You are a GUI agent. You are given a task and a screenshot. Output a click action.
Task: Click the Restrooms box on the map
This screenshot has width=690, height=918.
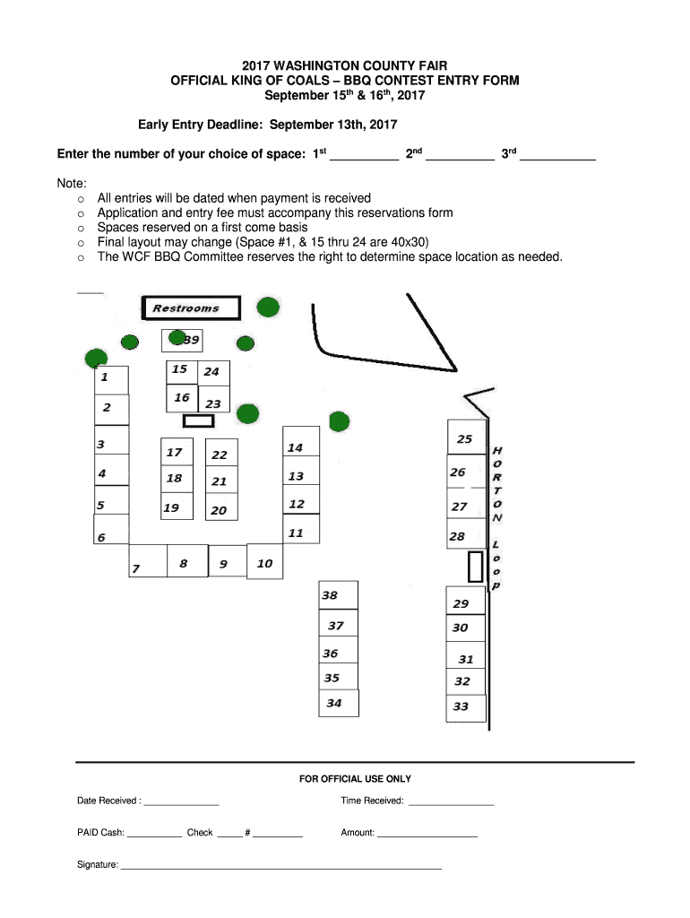pyautogui.click(x=191, y=308)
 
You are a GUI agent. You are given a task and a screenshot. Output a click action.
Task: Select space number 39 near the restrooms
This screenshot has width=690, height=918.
pyautogui.click(x=182, y=340)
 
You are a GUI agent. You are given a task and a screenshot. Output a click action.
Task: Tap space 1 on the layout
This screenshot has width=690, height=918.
pyautogui.click(x=111, y=380)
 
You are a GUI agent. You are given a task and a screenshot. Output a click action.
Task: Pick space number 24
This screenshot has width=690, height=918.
pyautogui.click(x=213, y=372)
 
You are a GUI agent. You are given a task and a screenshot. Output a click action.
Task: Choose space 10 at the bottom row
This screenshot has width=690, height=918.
pyautogui.click(x=264, y=561)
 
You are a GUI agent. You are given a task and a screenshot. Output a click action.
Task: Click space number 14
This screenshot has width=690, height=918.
pyautogui.click(x=301, y=441)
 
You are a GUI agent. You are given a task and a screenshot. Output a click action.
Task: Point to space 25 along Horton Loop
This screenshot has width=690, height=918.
pyautogui.click(x=467, y=437)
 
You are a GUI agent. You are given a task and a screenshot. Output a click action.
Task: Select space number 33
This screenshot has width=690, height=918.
pyautogui.click(x=466, y=708)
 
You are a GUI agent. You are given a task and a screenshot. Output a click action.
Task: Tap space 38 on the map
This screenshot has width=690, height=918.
pyautogui.click(x=338, y=595)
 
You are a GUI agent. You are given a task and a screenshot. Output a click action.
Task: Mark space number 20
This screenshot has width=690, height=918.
pyautogui.click(x=221, y=507)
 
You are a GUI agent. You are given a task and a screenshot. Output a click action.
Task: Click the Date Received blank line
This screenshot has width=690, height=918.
pyautogui.click(x=181, y=805)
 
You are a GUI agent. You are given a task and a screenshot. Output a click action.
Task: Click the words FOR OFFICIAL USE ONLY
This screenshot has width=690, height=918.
pyautogui.click(x=355, y=779)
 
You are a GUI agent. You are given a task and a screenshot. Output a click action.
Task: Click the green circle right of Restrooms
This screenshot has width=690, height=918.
pyautogui.click(x=268, y=307)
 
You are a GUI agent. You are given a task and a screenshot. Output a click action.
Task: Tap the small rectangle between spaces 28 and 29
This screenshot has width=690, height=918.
pyautogui.click(x=475, y=567)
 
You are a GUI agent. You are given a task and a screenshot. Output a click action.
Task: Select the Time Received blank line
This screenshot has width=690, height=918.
pyautogui.click(x=452, y=805)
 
